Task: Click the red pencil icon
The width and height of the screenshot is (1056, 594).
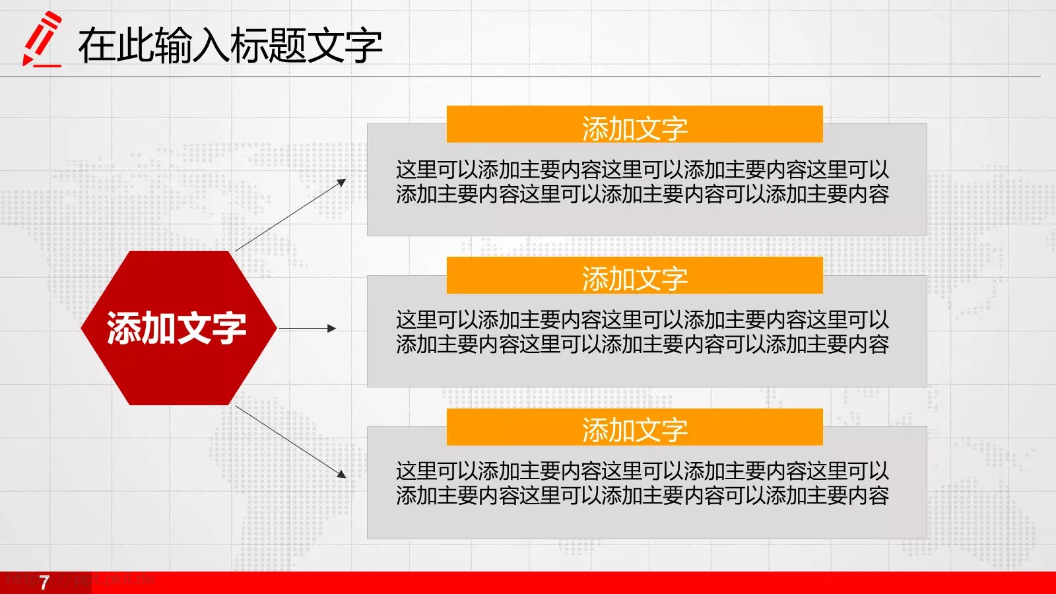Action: click(41, 37)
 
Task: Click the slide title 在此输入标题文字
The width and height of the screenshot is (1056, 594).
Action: click(230, 46)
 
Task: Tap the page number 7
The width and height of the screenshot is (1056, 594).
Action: click(44, 583)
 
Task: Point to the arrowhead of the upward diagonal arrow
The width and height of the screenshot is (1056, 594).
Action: click(342, 182)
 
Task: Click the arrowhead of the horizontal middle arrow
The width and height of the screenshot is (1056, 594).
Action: click(332, 328)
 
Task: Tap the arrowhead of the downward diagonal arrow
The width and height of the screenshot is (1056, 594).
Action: click(342, 473)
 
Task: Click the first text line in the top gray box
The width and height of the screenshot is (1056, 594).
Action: click(642, 170)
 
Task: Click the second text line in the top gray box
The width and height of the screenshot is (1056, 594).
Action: click(642, 194)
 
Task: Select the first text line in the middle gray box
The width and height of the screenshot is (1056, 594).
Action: click(642, 320)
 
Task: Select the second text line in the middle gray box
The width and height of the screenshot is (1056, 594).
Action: click(642, 344)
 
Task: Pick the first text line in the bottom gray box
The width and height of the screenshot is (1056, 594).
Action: click(642, 471)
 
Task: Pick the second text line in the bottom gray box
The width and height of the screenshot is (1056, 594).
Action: click(642, 495)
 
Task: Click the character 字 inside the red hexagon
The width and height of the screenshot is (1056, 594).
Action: click(228, 328)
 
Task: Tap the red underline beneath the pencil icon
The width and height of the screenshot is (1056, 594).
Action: click(46, 65)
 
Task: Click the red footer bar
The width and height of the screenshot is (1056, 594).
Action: click(528, 583)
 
